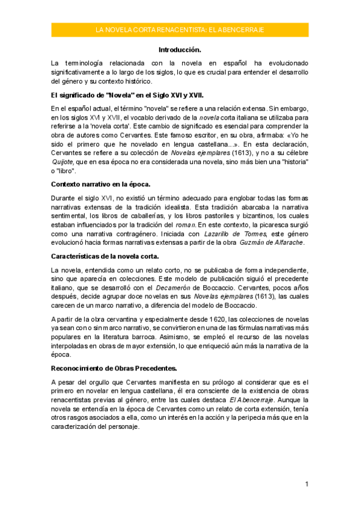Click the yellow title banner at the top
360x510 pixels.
pos(180,29)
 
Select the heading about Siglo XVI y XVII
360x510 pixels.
pos(127,94)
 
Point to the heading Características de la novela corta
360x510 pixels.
pos(105,256)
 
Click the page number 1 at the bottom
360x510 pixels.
pos(307,484)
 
